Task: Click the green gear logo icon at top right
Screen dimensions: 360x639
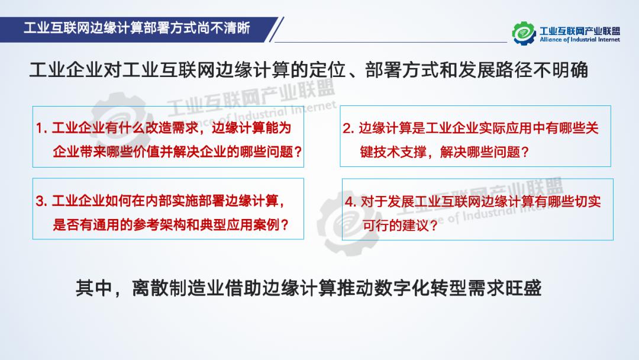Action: point(523,33)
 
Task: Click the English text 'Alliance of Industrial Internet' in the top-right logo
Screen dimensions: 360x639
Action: point(579,40)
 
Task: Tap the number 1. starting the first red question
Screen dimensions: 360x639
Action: point(41,128)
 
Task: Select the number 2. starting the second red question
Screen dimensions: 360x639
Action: point(348,128)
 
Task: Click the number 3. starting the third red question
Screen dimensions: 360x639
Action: point(41,201)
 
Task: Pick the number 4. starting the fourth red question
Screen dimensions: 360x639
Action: point(351,202)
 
